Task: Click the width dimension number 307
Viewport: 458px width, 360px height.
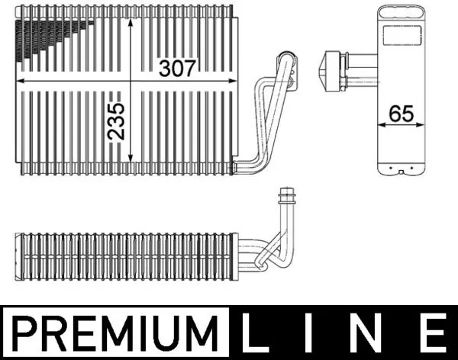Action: pos(177,68)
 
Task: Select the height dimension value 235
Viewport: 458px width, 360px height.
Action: pos(117,121)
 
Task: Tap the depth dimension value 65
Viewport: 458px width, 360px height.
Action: pos(400,114)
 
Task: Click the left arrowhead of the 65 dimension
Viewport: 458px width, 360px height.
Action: pos(379,125)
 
